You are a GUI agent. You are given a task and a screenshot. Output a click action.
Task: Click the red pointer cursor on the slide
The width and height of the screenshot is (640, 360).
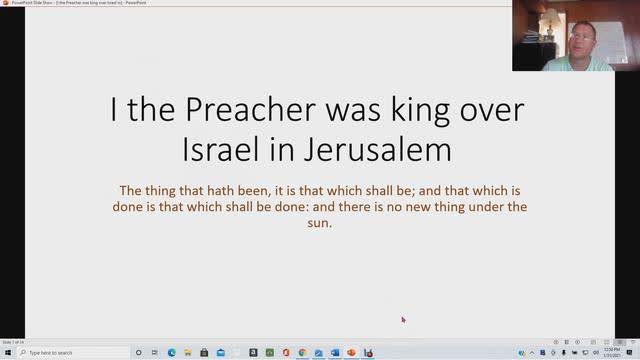coord(403,320)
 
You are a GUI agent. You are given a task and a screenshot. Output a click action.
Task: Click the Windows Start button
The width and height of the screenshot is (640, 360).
coord(7,353)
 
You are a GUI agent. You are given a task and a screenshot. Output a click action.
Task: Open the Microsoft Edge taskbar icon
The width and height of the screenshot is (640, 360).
coord(171,353)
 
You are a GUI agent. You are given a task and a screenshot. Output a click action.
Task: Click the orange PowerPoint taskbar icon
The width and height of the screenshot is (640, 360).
coord(351,353)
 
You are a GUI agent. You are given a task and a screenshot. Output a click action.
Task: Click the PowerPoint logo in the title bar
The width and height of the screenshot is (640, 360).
coord(5,4)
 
